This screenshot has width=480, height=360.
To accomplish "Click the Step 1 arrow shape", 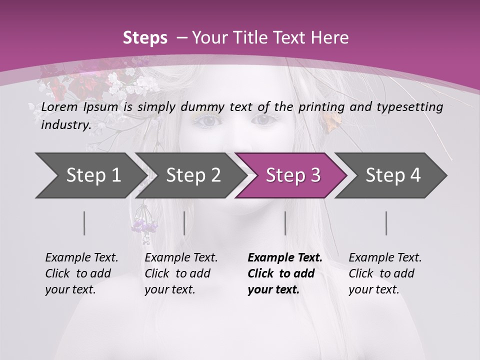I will pyautogui.click(x=90, y=175).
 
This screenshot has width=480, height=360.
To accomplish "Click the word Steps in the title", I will pyautogui.click(x=145, y=37).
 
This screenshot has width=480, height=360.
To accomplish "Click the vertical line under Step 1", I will pyautogui.click(x=84, y=223).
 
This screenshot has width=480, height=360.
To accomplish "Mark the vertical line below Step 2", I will pyautogui.click(x=184, y=223).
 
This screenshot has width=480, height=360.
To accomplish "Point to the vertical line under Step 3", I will pyautogui.click(x=285, y=223).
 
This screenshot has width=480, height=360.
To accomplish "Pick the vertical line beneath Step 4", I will pyautogui.click(x=386, y=223).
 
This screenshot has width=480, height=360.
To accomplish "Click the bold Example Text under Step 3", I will pyautogui.click(x=285, y=258).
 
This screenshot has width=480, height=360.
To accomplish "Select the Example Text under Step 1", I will pyautogui.click(x=81, y=258).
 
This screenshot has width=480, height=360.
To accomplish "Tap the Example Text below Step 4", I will pyautogui.click(x=385, y=258).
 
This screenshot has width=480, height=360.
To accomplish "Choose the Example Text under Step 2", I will pyautogui.click(x=181, y=258).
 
